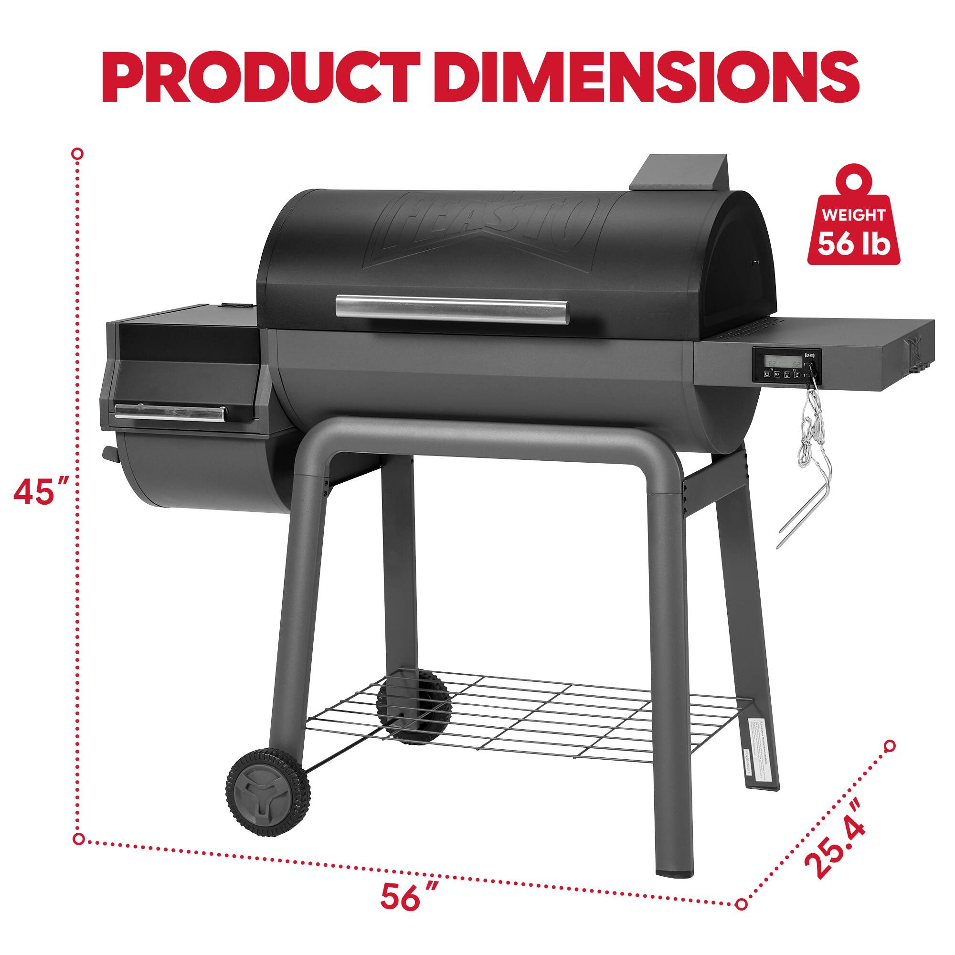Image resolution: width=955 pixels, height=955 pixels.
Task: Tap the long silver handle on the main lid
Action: coord(452,309)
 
